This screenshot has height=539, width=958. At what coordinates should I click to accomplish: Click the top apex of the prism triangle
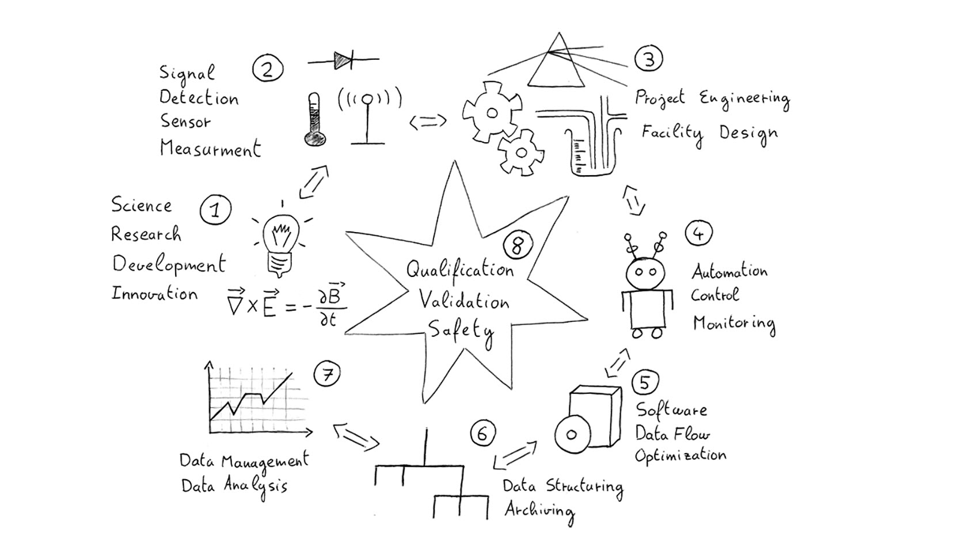point(558,32)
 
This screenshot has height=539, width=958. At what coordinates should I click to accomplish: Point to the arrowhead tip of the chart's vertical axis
point(209,362)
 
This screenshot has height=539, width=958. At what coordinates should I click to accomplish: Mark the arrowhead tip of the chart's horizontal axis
point(313,432)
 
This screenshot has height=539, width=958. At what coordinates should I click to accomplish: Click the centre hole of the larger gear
point(492,113)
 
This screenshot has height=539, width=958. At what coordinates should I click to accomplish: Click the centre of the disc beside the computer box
point(571,435)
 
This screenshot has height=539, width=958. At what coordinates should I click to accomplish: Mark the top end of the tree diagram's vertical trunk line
point(426,428)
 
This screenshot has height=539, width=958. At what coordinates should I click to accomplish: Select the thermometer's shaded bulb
point(315,139)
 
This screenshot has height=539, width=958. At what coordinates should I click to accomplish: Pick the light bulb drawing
point(280,244)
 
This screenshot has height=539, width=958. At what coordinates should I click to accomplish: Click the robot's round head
point(645,273)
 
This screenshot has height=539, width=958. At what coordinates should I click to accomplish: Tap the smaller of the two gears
point(520,152)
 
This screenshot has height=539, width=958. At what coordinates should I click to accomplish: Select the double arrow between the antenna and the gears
point(428,122)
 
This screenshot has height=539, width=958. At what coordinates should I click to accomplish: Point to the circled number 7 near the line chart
point(327,374)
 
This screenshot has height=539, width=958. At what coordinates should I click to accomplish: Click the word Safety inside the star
point(462,331)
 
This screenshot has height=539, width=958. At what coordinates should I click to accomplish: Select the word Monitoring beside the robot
point(734,324)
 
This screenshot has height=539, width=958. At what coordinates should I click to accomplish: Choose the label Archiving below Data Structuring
point(539,511)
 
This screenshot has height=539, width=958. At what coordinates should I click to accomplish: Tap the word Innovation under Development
point(154,294)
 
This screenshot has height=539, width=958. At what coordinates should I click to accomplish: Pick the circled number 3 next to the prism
point(648,59)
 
